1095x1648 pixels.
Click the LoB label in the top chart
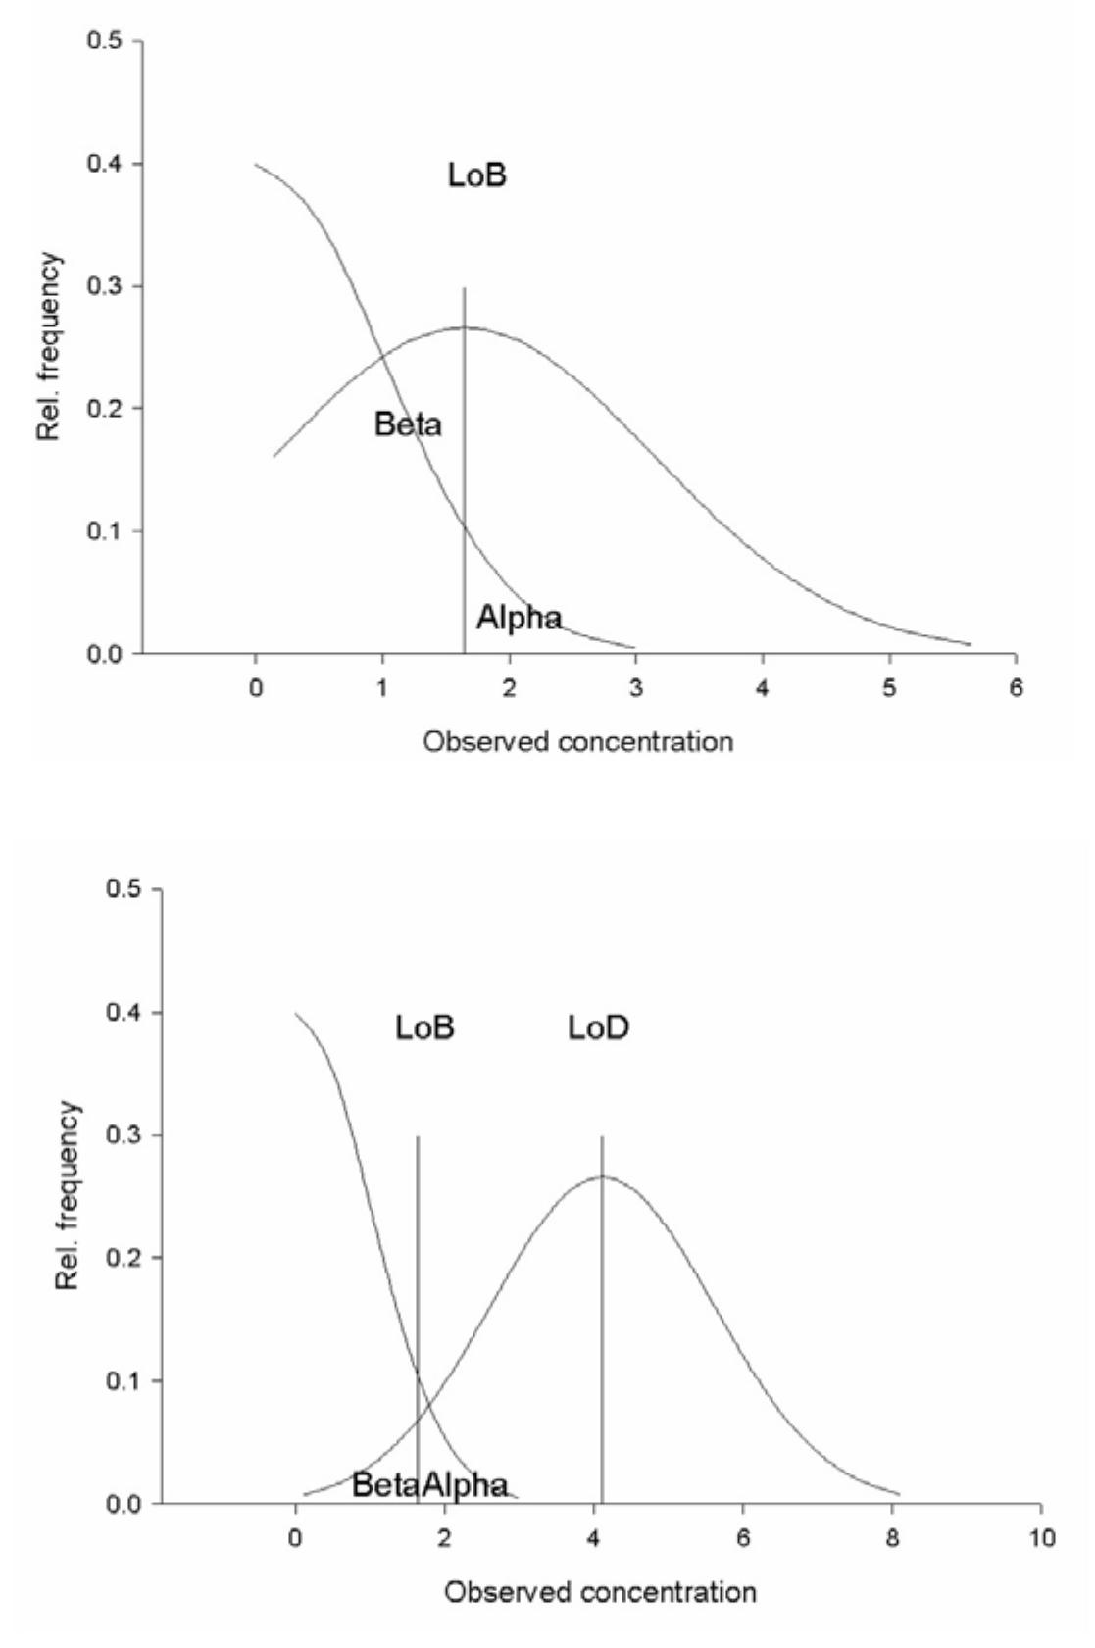[x=477, y=176]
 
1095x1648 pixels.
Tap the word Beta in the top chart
[x=408, y=424]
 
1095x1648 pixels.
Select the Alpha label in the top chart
[x=520, y=618]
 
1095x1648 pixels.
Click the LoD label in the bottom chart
[x=599, y=1027]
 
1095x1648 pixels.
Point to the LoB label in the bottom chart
[x=425, y=1027]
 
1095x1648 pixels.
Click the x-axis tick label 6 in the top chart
[x=1016, y=688]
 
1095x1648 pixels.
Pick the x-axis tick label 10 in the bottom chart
[x=1041, y=1538]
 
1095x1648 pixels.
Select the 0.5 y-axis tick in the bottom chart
[x=124, y=890]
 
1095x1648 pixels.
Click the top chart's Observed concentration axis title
[x=578, y=741]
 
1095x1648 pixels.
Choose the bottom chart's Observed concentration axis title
[x=600, y=1591]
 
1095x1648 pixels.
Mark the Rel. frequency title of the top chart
[x=51, y=347]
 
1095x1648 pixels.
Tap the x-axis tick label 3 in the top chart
[x=635, y=688]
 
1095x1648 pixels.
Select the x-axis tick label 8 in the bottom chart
[x=892, y=1538]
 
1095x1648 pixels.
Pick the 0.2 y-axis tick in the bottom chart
[x=124, y=1258]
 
